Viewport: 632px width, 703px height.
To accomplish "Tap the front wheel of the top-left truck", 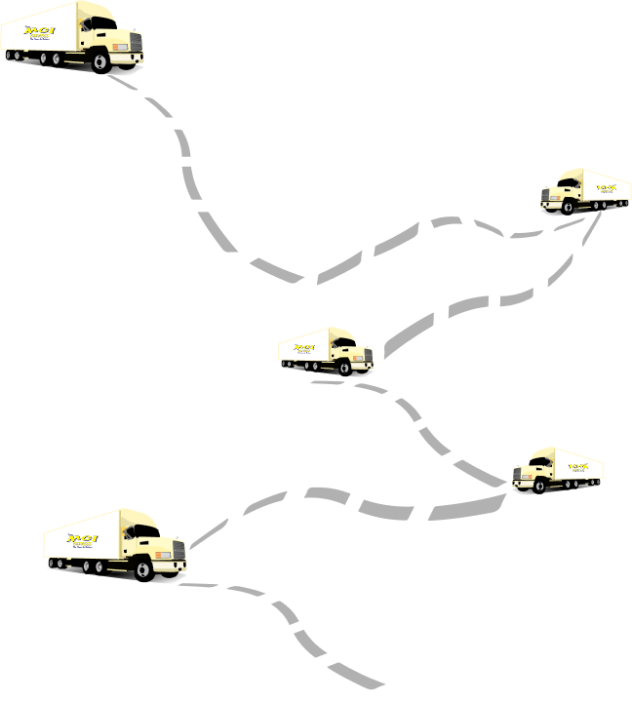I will [x=100, y=61].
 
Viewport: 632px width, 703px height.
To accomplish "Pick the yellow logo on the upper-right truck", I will [x=606, y=185].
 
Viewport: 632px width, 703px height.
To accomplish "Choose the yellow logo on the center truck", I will [x=305, y=347].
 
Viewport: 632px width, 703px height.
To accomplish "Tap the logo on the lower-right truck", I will [x=578, y=467].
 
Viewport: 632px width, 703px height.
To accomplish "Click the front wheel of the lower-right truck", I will [x=542, y=485].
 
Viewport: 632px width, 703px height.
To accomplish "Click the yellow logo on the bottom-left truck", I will [x=82, y=539].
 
